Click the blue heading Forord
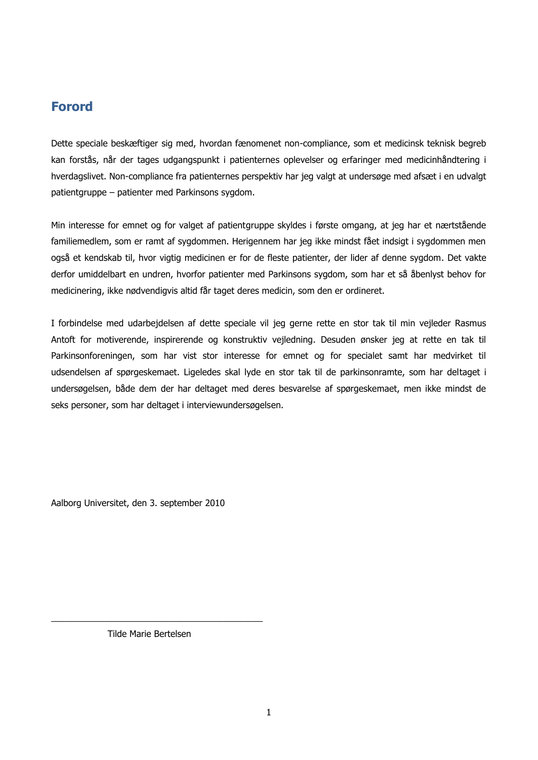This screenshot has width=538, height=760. point(72,107)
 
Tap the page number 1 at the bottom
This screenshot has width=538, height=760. point(269,712)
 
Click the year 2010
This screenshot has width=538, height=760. point(215,503)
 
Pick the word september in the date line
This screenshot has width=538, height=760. point(180,503)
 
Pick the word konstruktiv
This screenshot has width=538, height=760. point(245,340)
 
